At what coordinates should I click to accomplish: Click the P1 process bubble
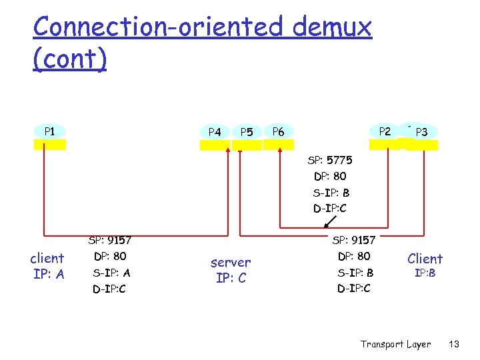coord(50,131)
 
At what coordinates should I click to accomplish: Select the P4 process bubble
coord(215,132)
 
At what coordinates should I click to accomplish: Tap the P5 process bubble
coord(247,132)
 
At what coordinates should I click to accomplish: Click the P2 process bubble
coord(385,131)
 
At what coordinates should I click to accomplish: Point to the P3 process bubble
coord(422,132)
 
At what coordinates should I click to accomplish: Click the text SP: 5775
coord(330,161)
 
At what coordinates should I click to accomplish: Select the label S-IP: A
coord(111,273)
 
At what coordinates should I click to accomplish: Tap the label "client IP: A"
coord(47,266)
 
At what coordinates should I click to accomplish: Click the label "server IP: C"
coord(231,270)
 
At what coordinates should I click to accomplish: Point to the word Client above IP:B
coord(425,259)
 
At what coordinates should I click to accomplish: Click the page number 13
coord(454,344)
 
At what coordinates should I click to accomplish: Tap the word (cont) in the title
coord(69,59)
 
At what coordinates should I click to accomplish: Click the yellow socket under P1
coord(50,144)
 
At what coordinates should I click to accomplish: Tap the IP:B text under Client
coord(425,273)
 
